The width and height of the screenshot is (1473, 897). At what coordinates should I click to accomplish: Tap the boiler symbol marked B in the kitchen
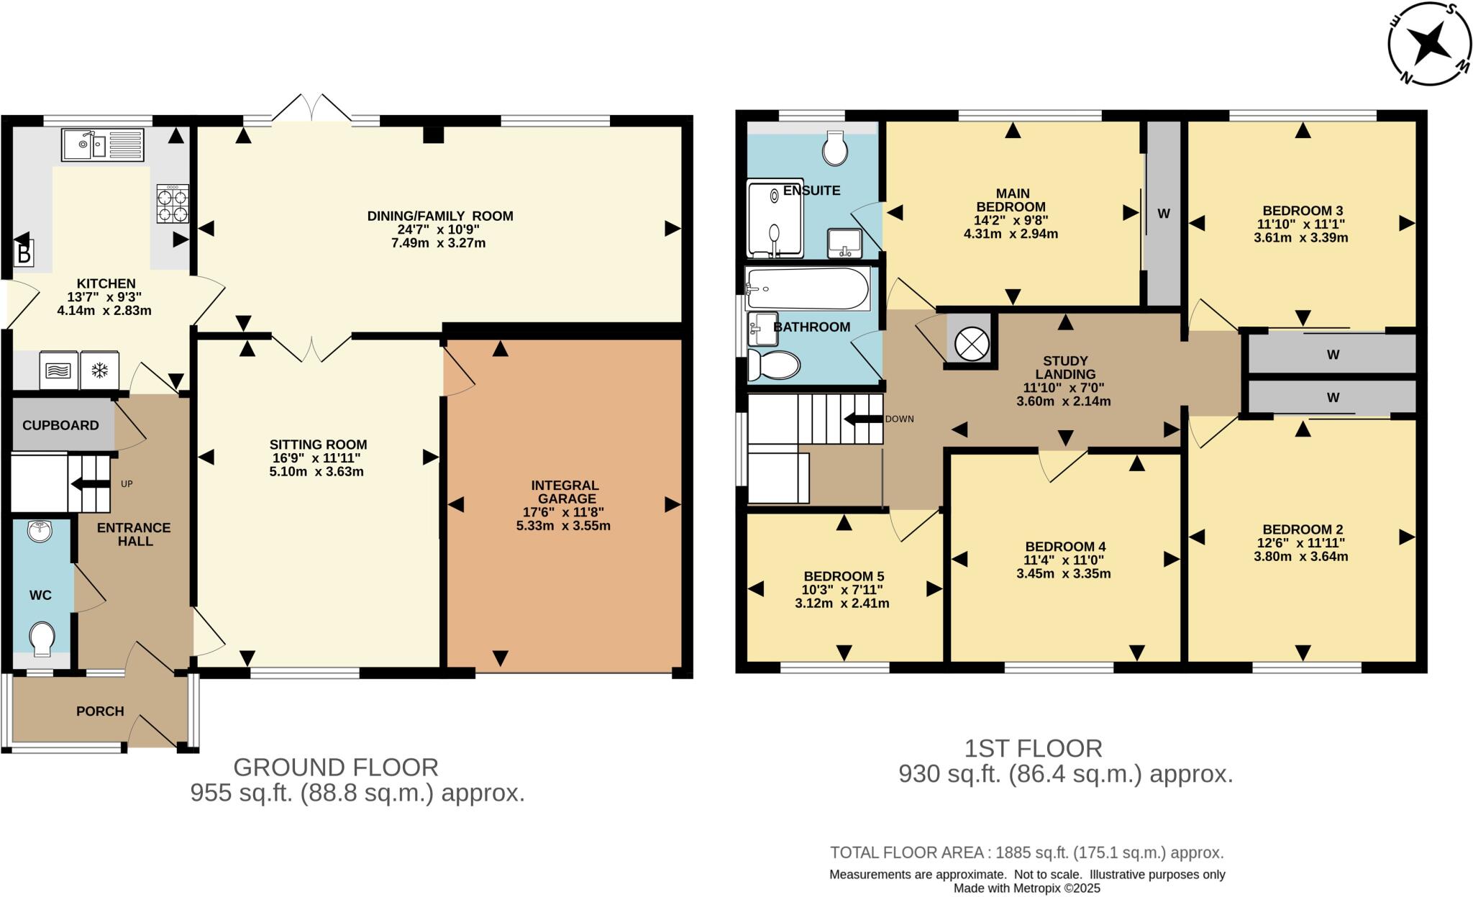pyautogui.click(x=24, y=254)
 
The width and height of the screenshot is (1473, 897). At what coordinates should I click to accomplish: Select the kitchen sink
pyautogui.click(x=102, y=145)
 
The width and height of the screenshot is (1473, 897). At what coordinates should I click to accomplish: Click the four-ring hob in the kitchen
pyautogui.click(x=173, y=204)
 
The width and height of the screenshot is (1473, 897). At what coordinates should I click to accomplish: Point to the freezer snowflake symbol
pyautogui.click(x=99, y=370)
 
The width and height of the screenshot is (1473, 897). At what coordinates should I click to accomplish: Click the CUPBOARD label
pyautogui.click(x=60, y=425)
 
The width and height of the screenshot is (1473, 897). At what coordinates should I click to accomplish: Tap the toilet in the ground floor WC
pyautogui.click(x=42, y=638)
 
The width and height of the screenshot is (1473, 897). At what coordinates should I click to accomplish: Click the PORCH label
pyautogui.click(x=100, y=711)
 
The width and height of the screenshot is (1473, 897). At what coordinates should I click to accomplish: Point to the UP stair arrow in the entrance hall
pyautogui.click(x=90, y=483)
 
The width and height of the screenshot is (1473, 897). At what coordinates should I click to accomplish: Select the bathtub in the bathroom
pyautogui.click(x=807, y=288)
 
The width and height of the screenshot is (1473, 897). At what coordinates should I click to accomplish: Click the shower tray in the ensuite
pyautogui.click(x=775, y=219)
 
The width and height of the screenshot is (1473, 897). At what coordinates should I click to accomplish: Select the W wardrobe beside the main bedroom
pyautogui.click(x=1163, y=214)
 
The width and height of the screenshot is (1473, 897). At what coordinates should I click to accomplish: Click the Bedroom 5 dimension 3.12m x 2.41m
pyautogui.click(x=842, y=604)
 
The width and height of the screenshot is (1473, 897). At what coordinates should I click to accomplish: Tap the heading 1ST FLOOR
pyautogui.click(x=1033, y=749)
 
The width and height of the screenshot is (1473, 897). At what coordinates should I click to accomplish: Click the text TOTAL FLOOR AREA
pyautogui.click(x=908, y=853)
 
